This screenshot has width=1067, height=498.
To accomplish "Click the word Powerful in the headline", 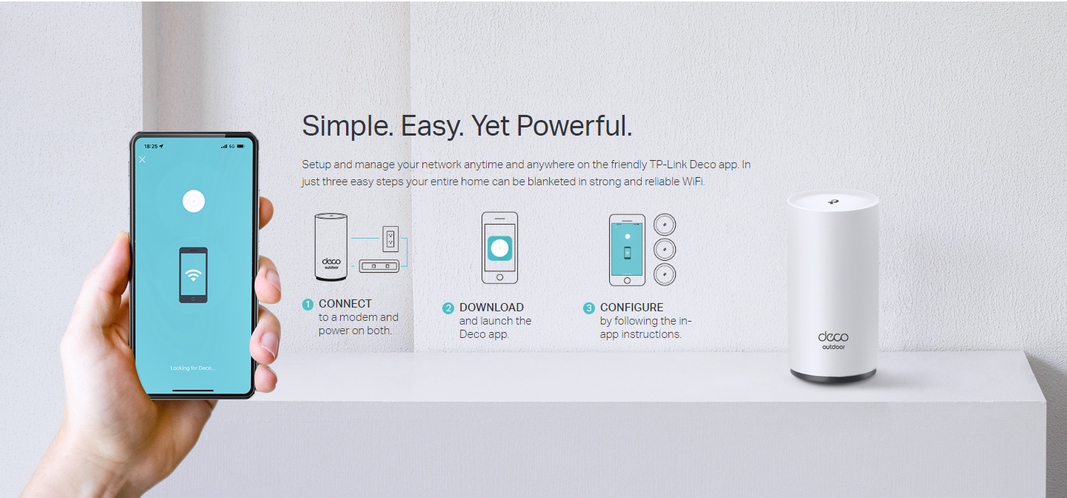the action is point(574,126).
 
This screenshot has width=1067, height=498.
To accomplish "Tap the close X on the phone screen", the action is point(142,159).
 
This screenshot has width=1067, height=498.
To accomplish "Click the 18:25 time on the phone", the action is point(151,146).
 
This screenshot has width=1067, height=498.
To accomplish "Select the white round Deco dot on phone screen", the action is point(194,201).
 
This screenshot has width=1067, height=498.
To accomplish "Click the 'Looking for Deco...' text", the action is point(193,368).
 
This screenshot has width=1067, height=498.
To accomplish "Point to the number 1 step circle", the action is point(308,304).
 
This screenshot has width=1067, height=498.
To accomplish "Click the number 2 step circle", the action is point(448,308).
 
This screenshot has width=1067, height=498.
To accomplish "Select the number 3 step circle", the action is point(589,308).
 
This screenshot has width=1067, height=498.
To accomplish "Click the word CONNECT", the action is point(345,304).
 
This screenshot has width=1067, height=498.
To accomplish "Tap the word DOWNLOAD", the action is point(491,308).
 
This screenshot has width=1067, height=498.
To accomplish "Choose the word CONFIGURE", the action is point(631,308).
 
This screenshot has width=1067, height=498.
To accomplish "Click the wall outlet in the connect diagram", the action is point(390,239).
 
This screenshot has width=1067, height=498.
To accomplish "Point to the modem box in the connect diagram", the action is point(379,265).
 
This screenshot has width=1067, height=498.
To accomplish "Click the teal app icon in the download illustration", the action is point(499,248).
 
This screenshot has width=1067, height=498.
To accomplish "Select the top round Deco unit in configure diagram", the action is point(665,225).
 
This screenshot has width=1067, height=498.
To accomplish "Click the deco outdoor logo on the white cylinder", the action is point(833,340).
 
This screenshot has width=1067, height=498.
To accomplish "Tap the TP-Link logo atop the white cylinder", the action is point(833,202).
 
